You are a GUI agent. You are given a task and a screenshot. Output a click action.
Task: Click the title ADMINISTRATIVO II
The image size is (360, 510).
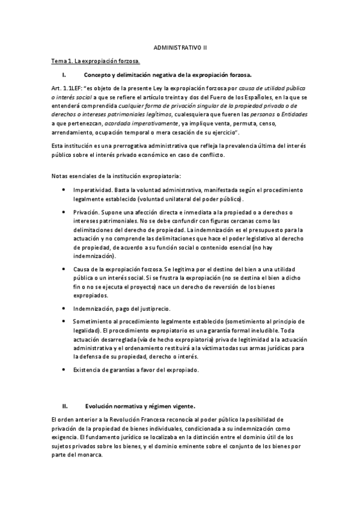click(x=180, y=46)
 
